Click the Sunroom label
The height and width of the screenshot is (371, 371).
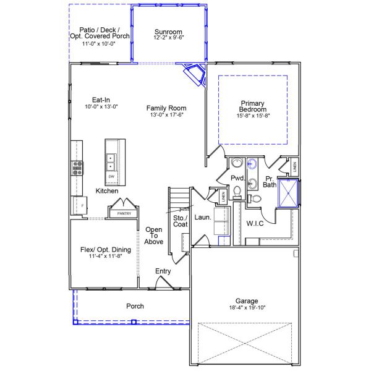point(168,32)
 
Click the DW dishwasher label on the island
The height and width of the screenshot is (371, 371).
point(111,177)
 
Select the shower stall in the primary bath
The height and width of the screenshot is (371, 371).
point(288,192)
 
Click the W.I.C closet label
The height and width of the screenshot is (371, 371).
point(255,223)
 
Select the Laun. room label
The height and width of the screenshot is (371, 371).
point(203,218)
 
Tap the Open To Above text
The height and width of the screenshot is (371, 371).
point(154,236)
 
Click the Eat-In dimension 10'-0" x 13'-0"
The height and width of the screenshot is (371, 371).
point(101,106)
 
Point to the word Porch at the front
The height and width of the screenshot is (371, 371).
point(135,306)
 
